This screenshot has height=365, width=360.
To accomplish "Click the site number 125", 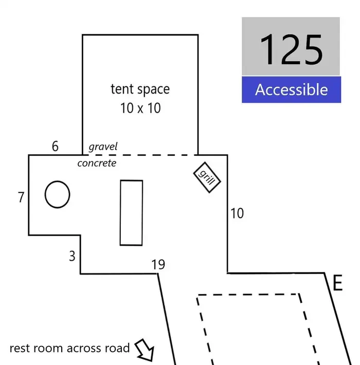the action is (291, 49).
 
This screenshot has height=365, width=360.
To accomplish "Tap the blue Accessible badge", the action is (291, 89).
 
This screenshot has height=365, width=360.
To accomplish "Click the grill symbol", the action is (207, 177).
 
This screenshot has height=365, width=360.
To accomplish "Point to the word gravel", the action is (103, 147).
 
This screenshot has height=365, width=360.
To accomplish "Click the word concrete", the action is (97, 163).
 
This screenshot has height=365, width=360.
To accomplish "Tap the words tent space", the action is (140, 89).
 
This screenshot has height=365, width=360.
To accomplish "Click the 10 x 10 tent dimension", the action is (140, 108).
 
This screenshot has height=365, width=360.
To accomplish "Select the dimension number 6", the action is (55, 146).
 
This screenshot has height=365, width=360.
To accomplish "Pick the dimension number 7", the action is (21, 197).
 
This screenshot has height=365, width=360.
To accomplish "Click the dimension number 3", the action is (72, 256).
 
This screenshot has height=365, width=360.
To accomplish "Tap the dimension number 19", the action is (158, 264).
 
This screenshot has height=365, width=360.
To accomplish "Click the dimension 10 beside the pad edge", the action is (237, 213).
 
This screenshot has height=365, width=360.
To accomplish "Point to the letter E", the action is (338, 283).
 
